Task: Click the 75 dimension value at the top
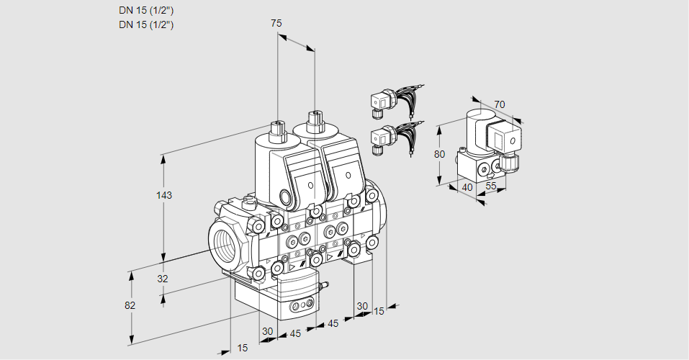tap(276, 23)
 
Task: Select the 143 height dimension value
tap(166, 195)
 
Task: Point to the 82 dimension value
tap(130, 305)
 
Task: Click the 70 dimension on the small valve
tap(500, 104)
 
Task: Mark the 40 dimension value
tap(467, 187)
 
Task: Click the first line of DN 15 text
tap(146, 10)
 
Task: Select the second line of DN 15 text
tap(146, 24)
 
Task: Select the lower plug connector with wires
tap(381, 138)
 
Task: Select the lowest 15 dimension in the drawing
tap(243, 348)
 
